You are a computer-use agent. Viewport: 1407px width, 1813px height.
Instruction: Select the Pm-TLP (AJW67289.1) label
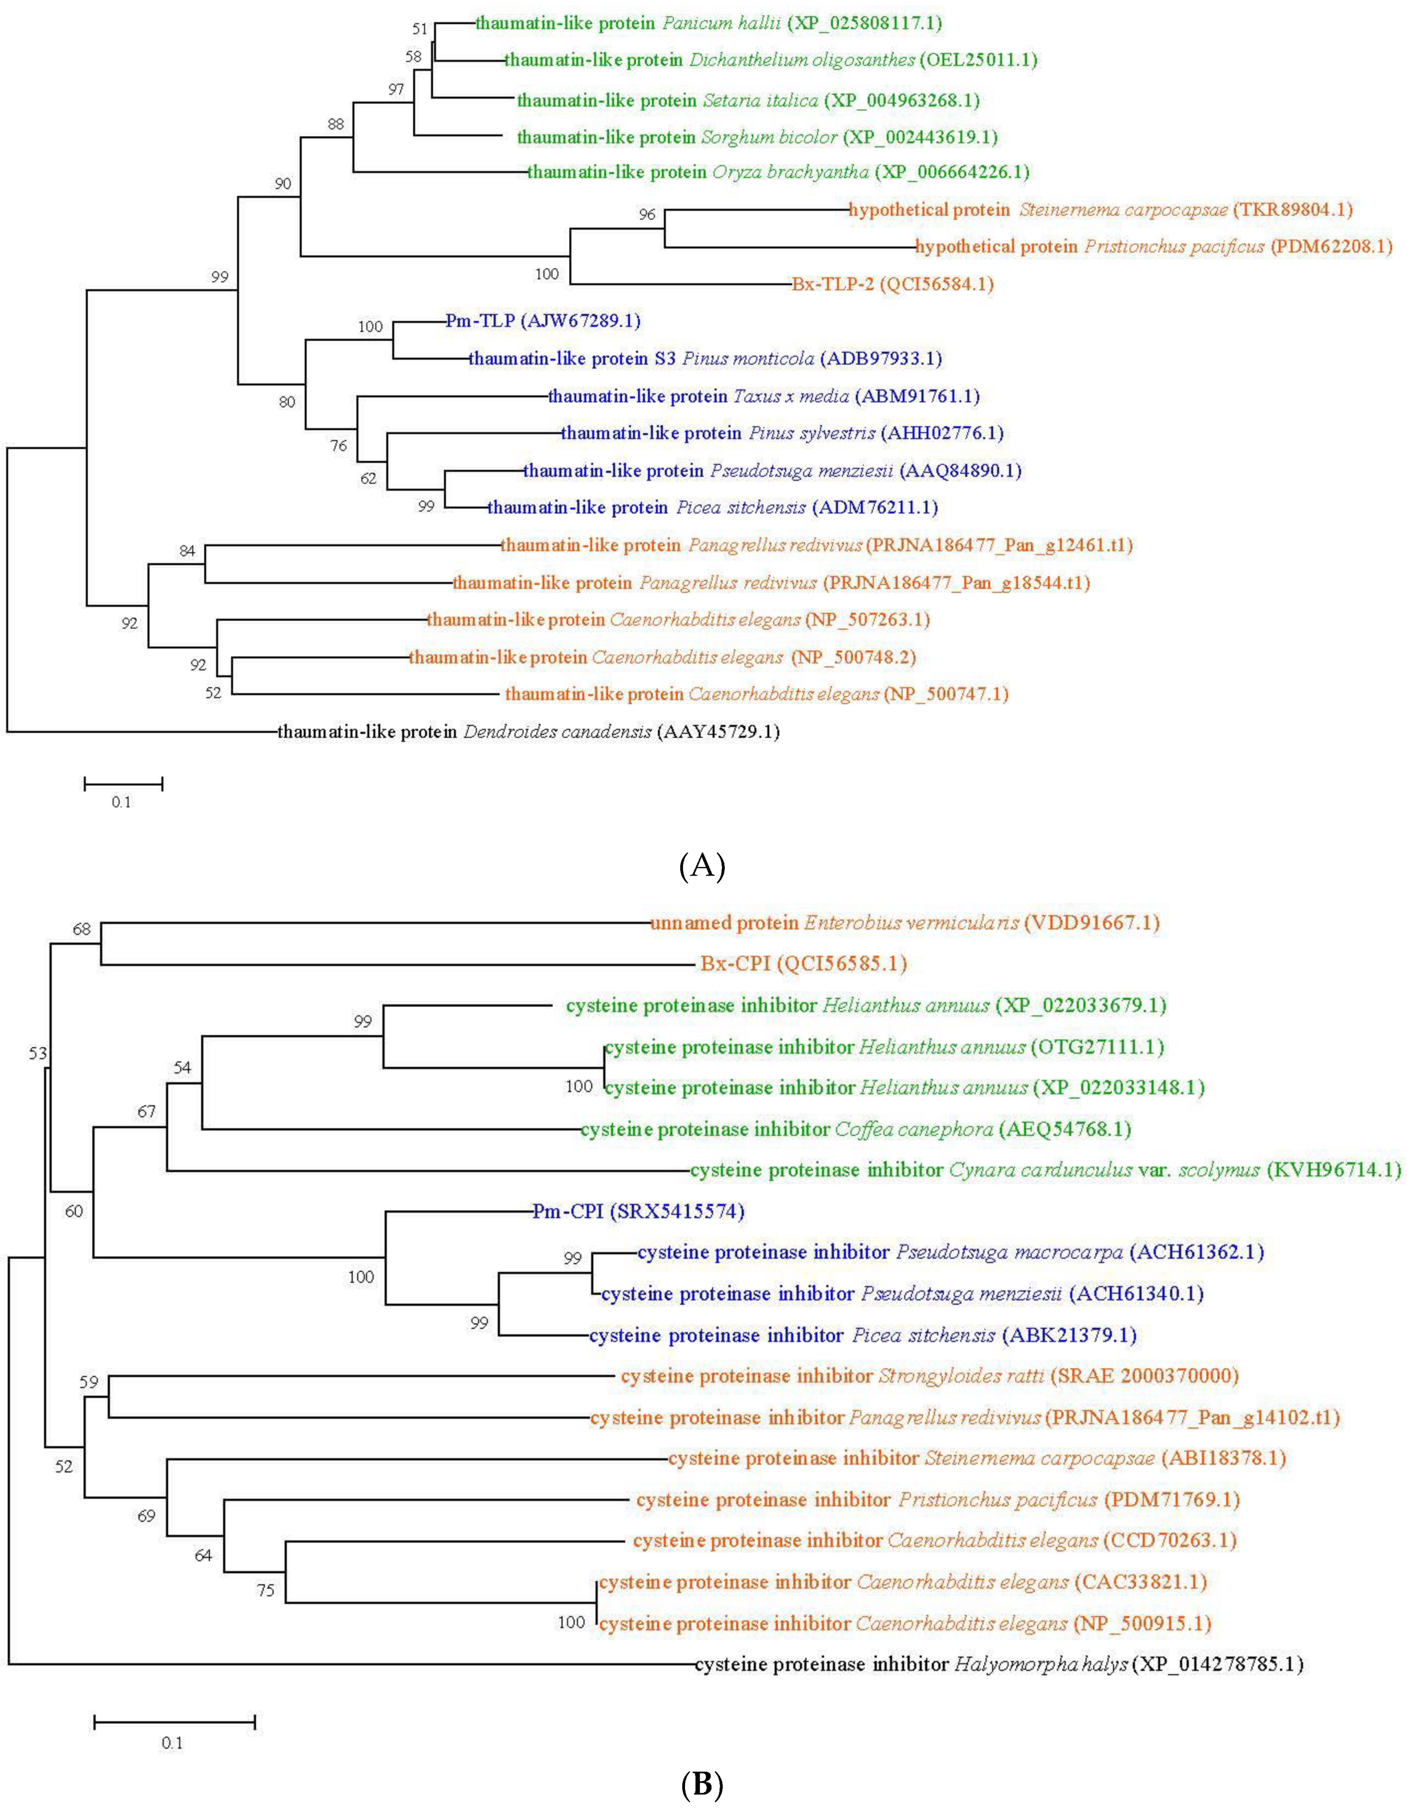542,320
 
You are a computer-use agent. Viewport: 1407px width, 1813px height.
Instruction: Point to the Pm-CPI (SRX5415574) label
638,1211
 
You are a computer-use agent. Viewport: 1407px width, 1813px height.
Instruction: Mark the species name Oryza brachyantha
790,172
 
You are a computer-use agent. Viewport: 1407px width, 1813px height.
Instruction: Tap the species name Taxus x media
790,396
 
